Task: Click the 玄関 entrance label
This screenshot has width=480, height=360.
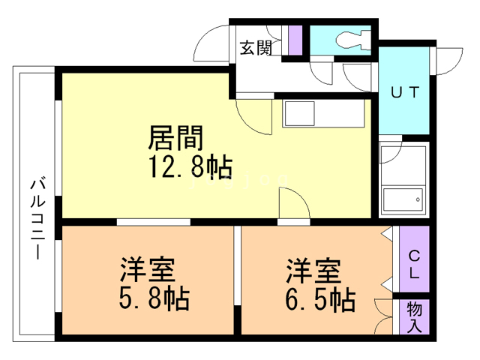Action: point(254,49)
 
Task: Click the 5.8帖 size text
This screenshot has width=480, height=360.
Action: point(153,298)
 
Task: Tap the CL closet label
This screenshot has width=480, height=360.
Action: point(414,263)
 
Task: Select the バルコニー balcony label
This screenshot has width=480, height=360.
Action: point(36,217)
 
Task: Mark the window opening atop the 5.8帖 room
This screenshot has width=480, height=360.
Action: point(154,223)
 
